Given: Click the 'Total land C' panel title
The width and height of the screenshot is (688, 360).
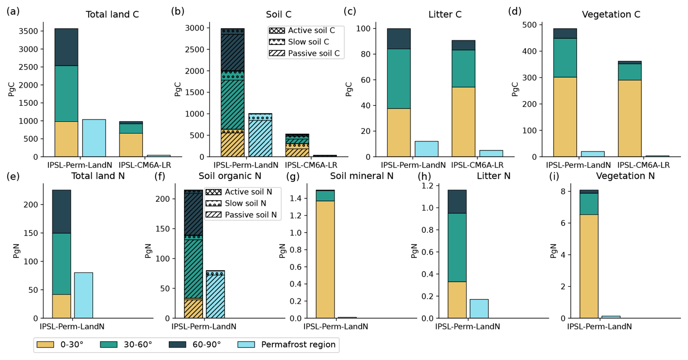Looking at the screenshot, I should pyautogui.click(x=112, y=15).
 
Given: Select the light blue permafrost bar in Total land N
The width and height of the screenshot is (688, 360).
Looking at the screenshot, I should pyautogui.click(x=84, y=295).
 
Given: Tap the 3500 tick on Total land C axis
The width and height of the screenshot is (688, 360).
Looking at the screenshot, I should pyautogui.click(x=28, y=31).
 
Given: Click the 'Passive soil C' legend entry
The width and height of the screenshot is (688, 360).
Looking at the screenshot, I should pyautogui.click(x=305, y=53).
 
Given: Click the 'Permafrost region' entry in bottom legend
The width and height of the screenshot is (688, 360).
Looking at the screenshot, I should pyautogui.click(x=287, y=344).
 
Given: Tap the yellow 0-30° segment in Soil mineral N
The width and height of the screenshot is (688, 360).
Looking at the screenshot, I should pyautogui.click(x=325, y=259).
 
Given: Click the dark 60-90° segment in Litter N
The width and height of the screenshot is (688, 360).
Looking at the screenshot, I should pyautogui.click(x=457, y=201).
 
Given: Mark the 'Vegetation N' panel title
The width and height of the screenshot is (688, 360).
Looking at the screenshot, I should pyautogui.click(x=625, y=176).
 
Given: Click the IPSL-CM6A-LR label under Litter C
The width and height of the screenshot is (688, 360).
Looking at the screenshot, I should pyautogui.click(x=477, y=165).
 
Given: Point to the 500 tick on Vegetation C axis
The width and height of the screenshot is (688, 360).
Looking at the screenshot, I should pyautogui.click(x=529, y=25).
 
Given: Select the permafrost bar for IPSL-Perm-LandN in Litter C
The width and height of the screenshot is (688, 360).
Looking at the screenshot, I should pyautogui.click(x=427, y=149).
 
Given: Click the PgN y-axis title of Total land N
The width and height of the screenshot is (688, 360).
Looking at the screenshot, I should pyautogui.click(x=16, y=251).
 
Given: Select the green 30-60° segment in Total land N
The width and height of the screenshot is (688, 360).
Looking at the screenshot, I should pyautogui.click(x=61, y=264).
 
